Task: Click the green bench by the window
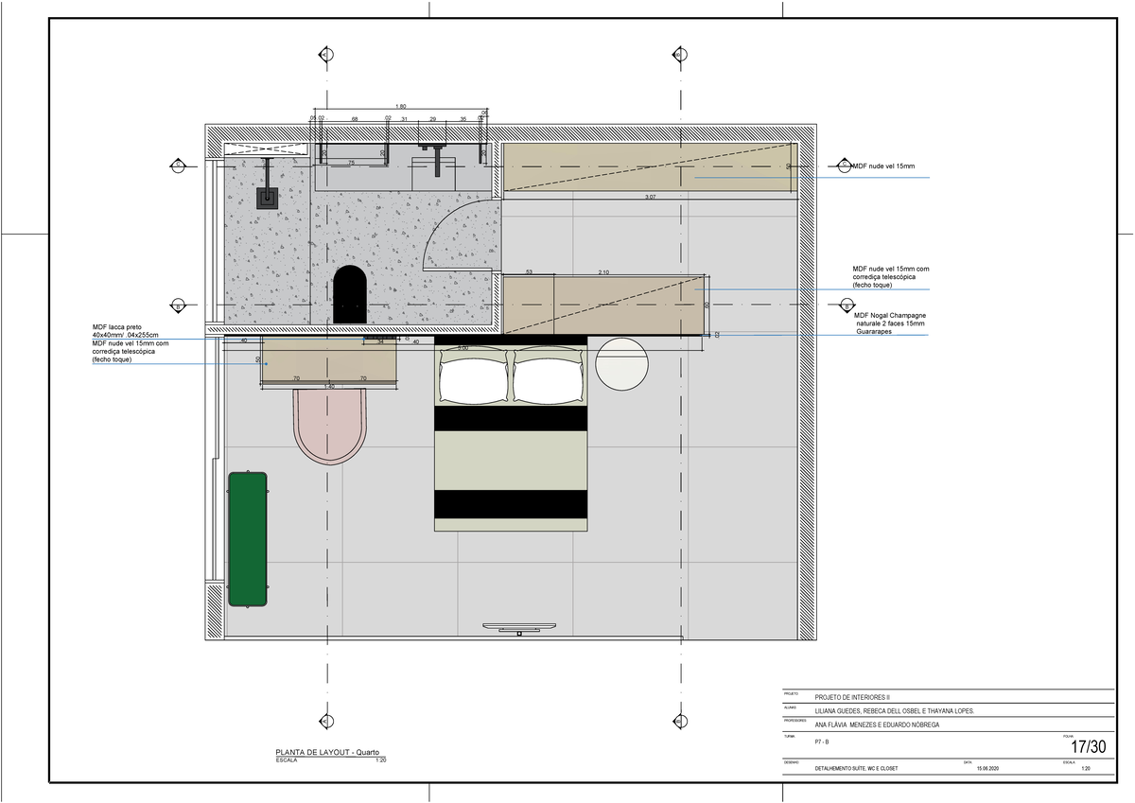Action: (248, 539)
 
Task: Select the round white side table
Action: (621, 363)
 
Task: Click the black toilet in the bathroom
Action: (350, 295)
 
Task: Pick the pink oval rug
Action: (328, 426)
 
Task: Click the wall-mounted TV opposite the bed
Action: (519, 626)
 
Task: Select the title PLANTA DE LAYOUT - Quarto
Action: (327, 752)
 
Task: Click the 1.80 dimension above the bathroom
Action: (401, 107)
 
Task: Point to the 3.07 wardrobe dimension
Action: (650, 197)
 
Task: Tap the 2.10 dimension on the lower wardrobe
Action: (603, 272)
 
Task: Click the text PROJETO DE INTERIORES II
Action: (853, 697)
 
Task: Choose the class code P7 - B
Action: (822, 742)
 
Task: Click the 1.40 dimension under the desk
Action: (329, 387)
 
